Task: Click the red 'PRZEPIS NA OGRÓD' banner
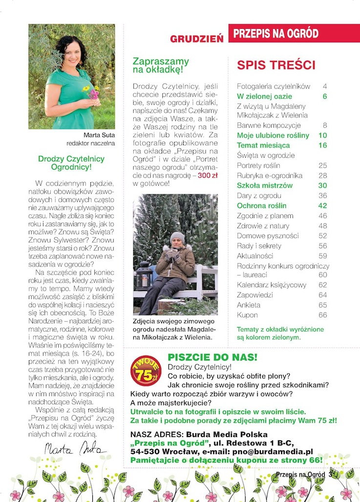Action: [276, 33]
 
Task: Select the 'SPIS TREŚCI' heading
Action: [276, 65]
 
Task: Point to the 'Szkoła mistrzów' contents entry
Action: [264, 186]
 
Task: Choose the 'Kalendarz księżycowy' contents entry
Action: [264, 285]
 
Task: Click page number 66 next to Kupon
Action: [322, 315]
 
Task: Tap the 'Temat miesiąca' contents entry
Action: [263, 145]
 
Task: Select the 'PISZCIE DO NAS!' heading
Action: [212, 357]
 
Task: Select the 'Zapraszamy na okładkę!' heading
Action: [161, 65]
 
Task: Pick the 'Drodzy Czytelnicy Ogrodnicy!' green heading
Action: [71, 163]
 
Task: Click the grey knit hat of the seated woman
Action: [177, 237]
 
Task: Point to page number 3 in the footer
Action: [330, 474]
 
